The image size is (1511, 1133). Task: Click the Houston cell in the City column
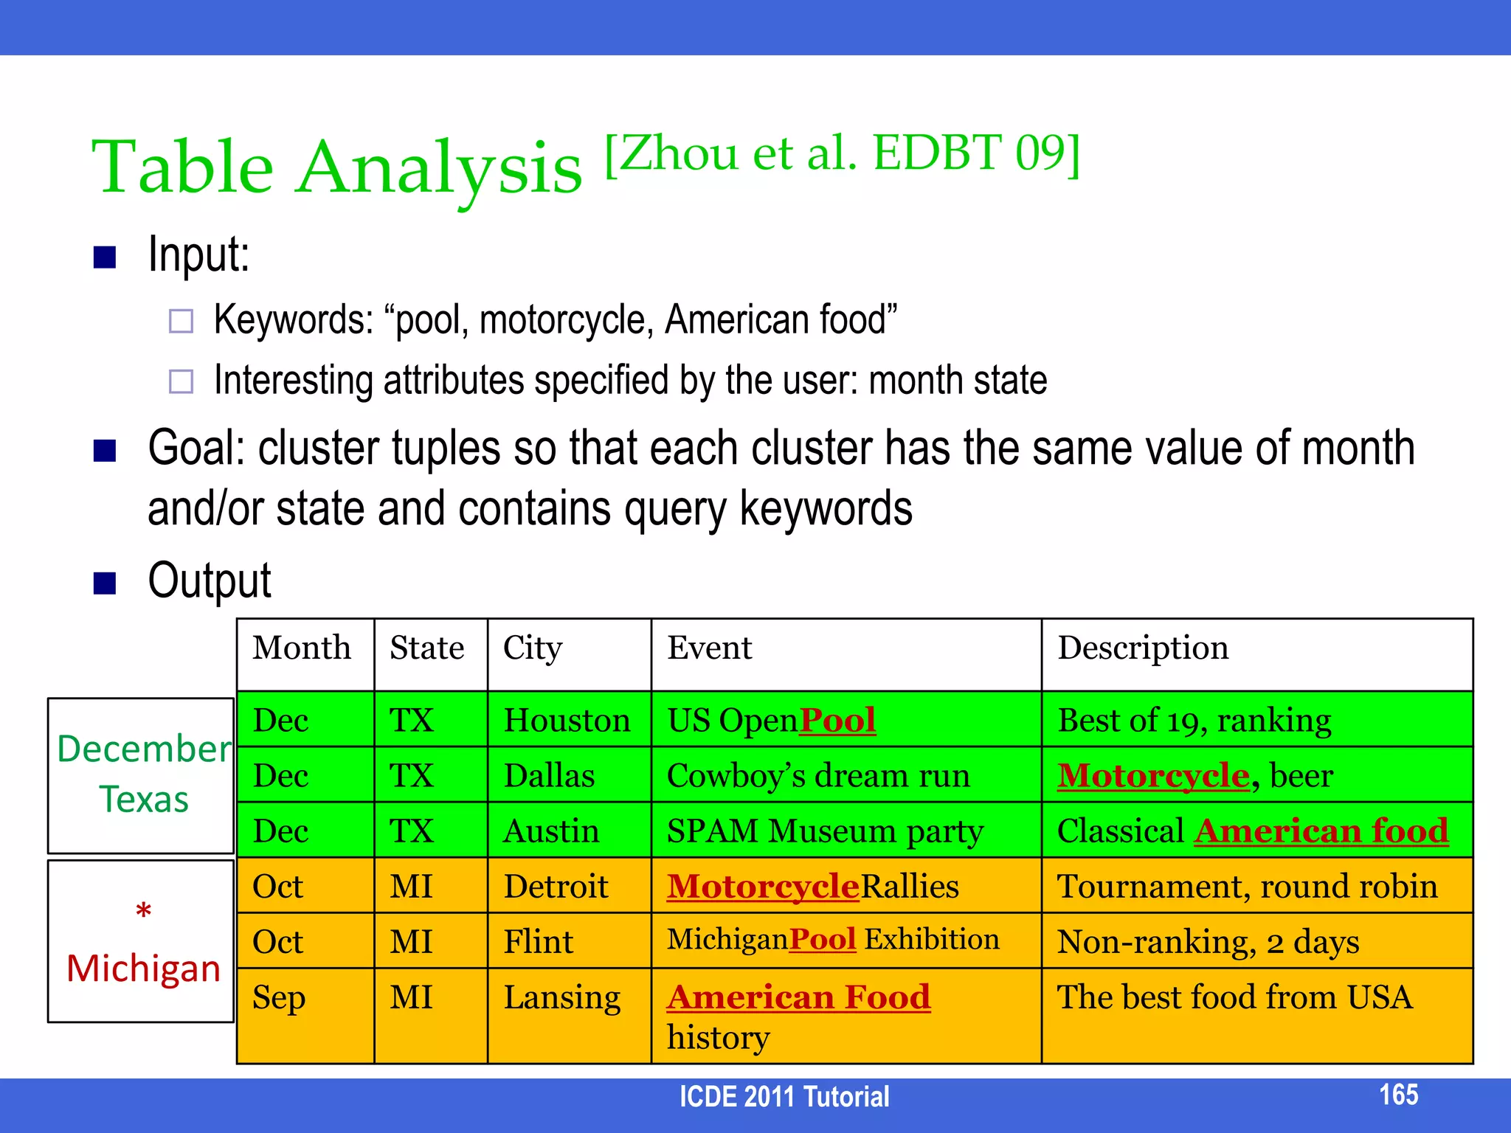click(x=567, y=720)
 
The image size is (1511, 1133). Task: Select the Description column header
click(x=1143, y=648)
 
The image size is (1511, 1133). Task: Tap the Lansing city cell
click(x=561, y=997)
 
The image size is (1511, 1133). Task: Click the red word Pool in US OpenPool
click(x=837, y=720)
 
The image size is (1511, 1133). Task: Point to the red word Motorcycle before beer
click(x=1153, y=775)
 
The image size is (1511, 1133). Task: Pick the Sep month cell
click(x=278, y=997)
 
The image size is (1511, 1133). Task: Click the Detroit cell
click(x=556, y=887)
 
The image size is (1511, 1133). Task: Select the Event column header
click(x=709, y=648)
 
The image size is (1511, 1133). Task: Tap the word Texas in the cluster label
click(x=144, y=800)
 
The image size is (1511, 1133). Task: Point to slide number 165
click(x=1398, y=1095)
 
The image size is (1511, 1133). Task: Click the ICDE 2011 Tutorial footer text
click(x=784, y=1097)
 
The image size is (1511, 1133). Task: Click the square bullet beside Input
click(x=105, y=257)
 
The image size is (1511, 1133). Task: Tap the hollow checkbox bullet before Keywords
click(x=181, y=321)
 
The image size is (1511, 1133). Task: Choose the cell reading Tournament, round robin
click(x=1247, y=887)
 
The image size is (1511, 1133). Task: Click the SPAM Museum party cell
click(x=825, y=831)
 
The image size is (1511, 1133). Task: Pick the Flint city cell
click(x=538, y=942)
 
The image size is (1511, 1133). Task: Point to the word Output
click(x=209, y=581)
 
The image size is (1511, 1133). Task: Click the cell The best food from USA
click(x=1234, y=997)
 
